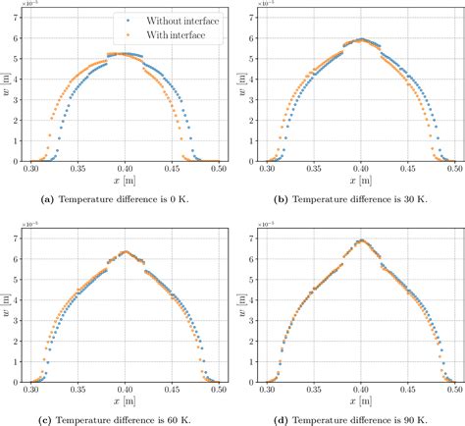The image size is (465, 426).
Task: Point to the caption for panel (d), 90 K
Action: tap(353, 419)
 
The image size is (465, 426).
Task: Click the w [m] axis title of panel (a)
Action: tap(8, 85)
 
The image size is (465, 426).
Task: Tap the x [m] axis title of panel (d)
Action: tap(353, 401)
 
